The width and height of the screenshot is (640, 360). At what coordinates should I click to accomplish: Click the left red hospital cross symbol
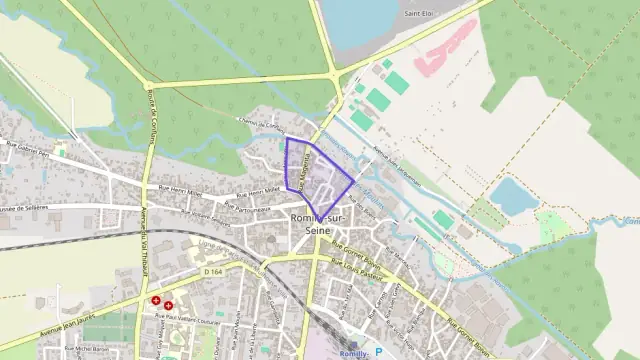[156, 299]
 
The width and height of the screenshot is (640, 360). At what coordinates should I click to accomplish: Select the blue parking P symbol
[379, 351]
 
